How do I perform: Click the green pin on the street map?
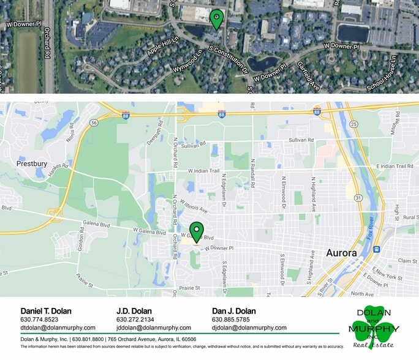tap(196, 231)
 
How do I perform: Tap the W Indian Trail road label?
tap(203, 170)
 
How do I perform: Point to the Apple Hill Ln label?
tap(162, 46)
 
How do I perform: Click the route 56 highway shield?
tap(94, 122)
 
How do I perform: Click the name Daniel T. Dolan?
tap(46, 310)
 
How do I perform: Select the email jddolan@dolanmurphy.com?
tap(154, 328)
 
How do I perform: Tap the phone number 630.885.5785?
tap(232, 319)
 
